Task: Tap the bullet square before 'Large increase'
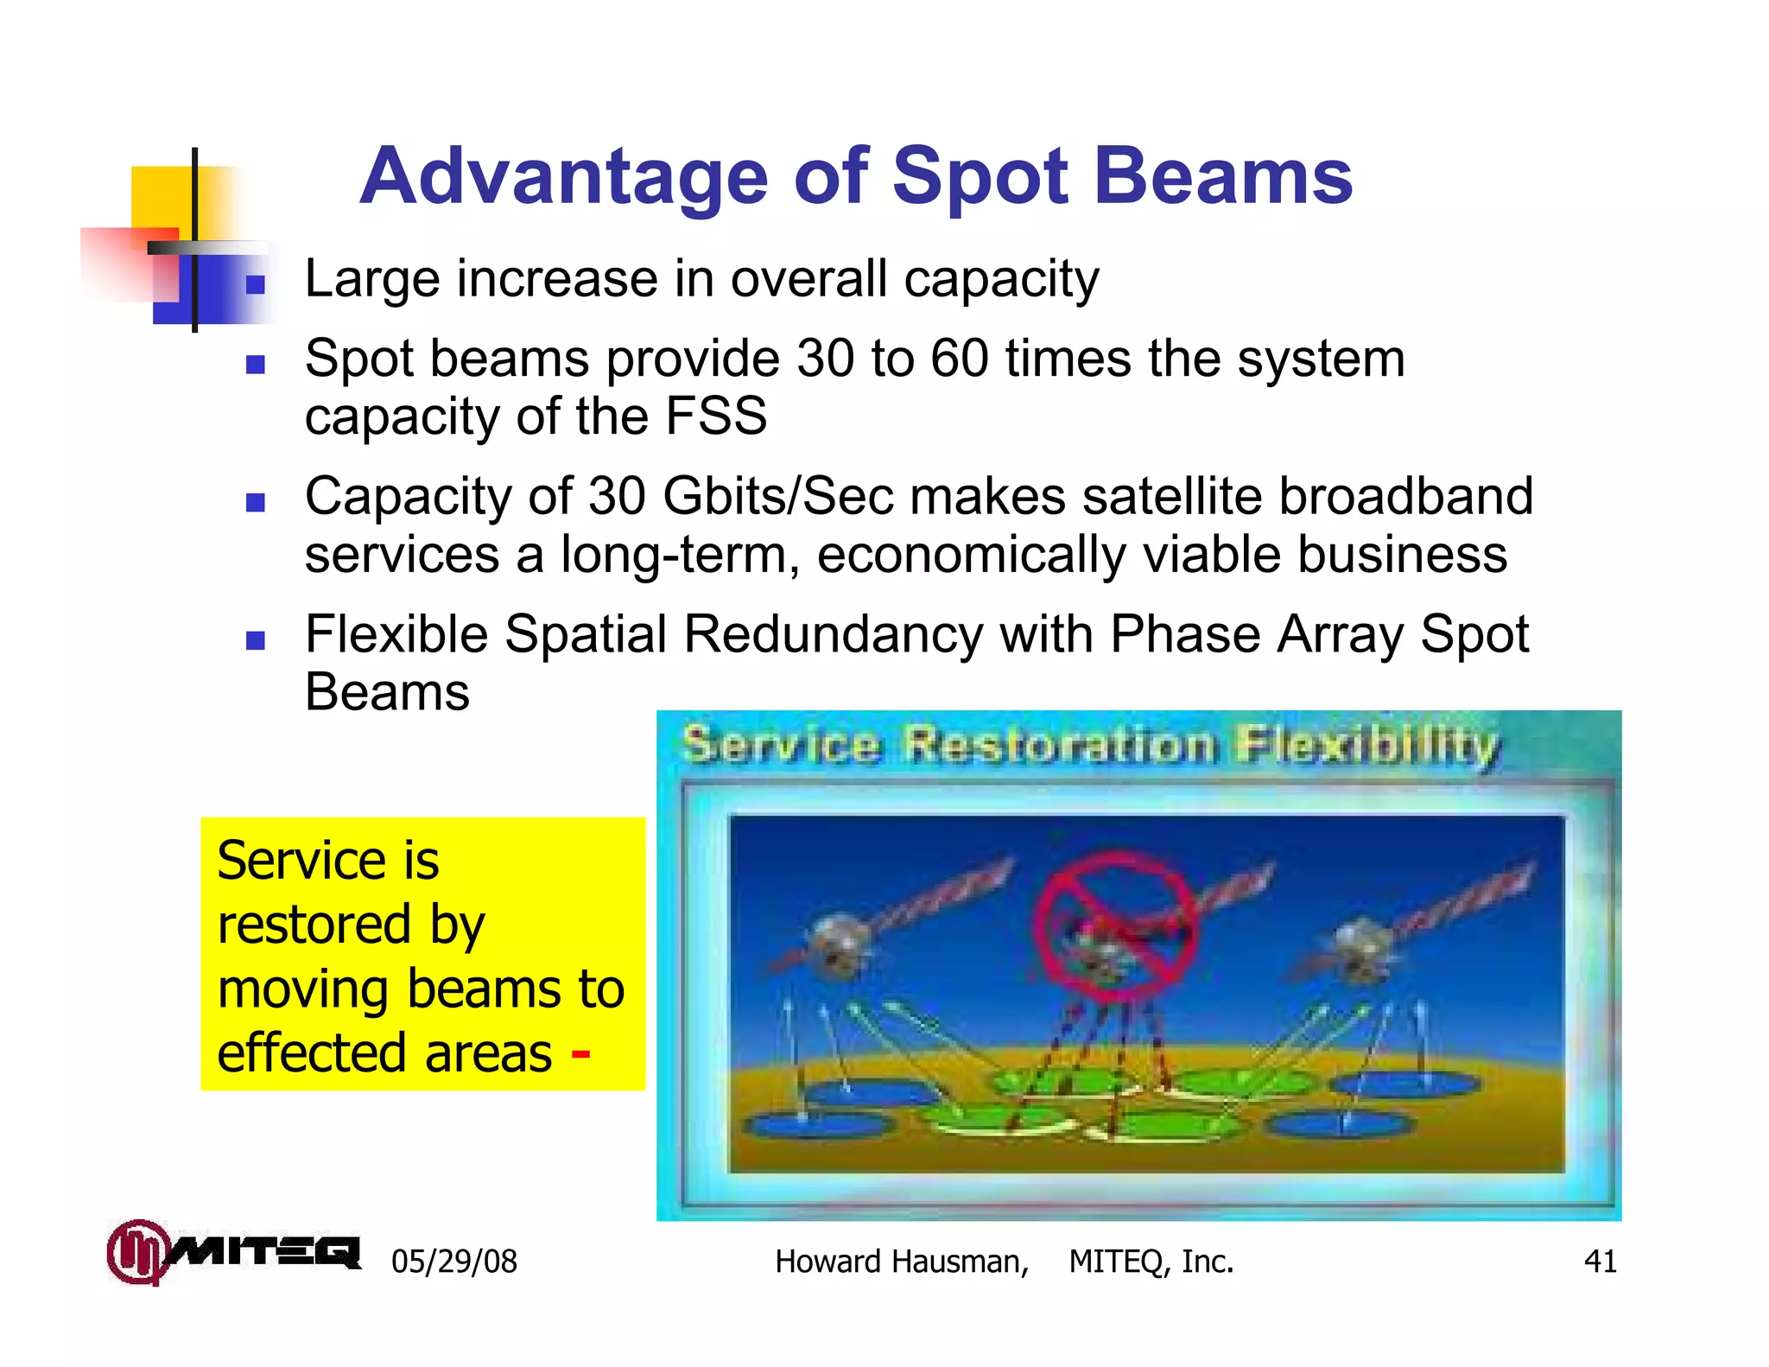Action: coord(255,284)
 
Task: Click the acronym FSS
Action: coord(716,416)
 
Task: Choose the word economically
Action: coord(970,555)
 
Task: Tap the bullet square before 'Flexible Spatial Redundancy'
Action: coord(255,640)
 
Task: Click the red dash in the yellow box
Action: coord(580,1052)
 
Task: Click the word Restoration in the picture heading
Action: coord(1059,746)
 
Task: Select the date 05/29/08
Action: coord(454,1262)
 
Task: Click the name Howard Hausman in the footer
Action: coord(901,1262)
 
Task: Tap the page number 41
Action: coord(1600,1262)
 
